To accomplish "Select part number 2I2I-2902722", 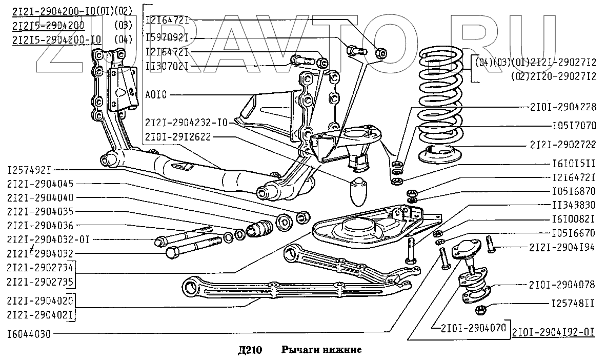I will [563, 144].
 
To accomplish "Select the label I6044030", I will [29, 334].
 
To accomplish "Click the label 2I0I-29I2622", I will [177, 137].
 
